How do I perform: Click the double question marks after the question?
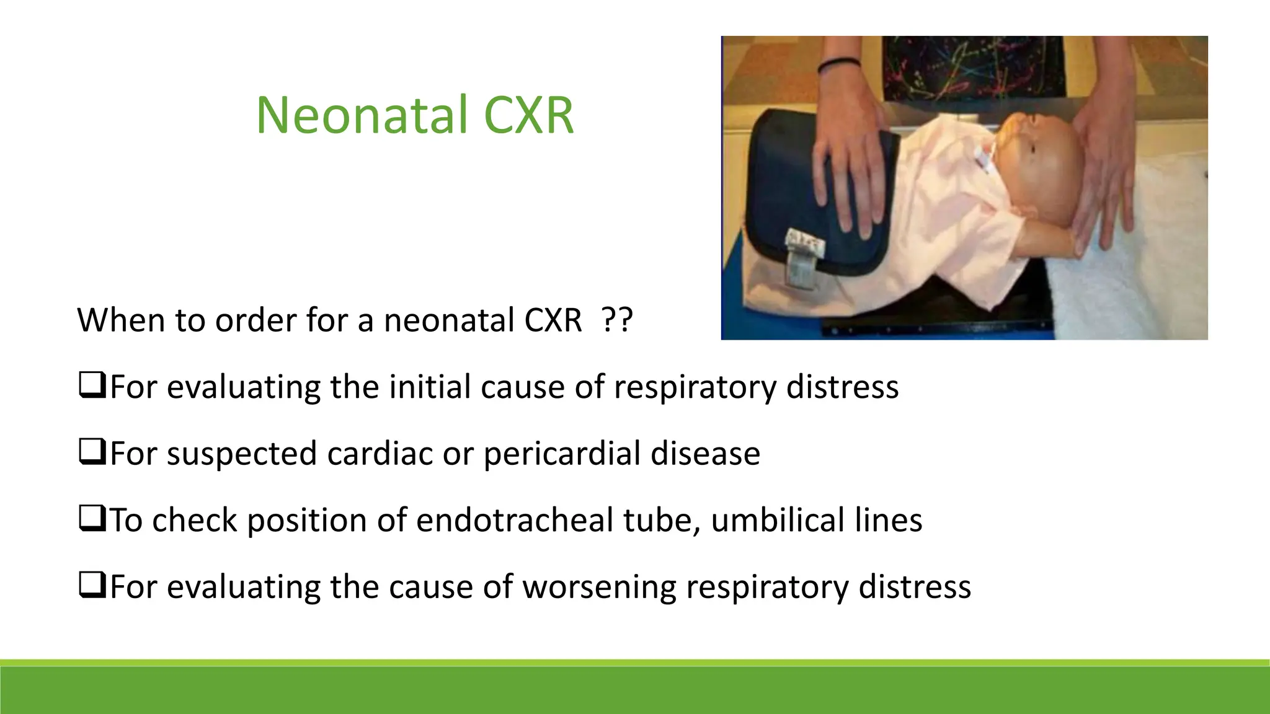tap(617, 320)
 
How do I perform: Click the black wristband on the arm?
tap(839, 64)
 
